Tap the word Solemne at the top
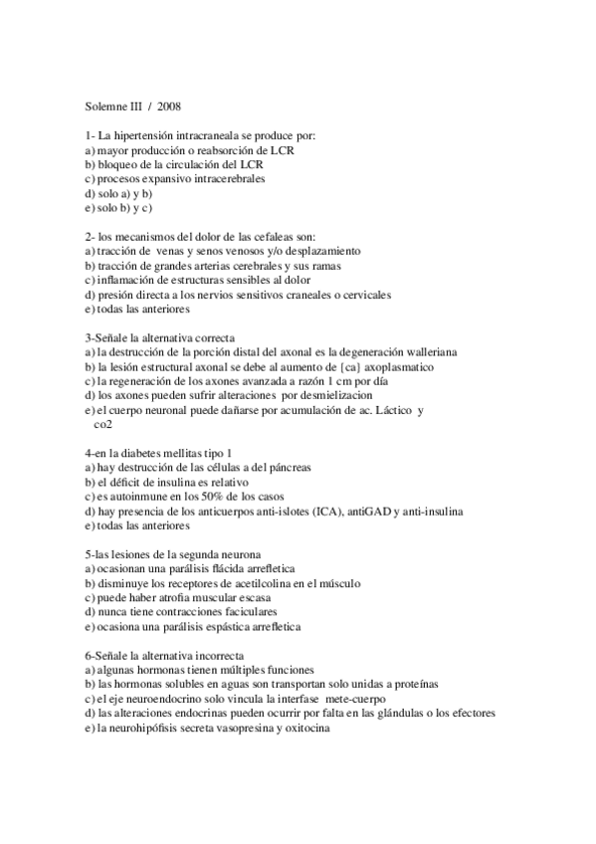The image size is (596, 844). tap(99, 104)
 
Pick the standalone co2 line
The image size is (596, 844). tap(101, 425)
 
